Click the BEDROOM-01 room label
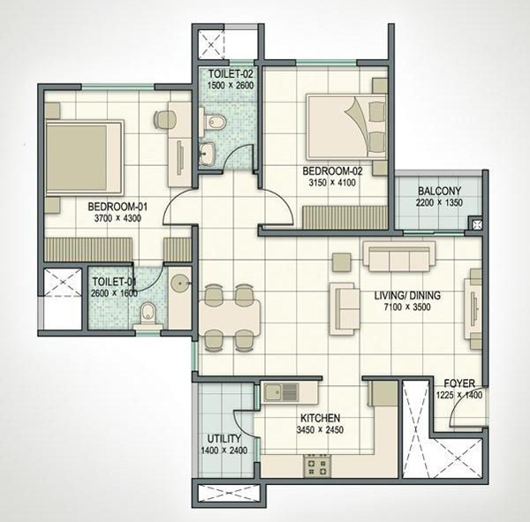[117, 206]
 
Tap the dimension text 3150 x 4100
[332, 183]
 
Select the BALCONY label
[439, 191]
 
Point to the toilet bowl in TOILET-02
[213, 122]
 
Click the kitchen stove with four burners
[317, 465]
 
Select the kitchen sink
[281, 392]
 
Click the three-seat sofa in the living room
[399, 256]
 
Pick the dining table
[229, 317]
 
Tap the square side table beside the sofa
[341, 262]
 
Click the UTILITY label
[224, 439]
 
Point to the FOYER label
[459, 383]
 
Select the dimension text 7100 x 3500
[407, 307]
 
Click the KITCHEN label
[320, 418]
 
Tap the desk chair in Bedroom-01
[164, 120]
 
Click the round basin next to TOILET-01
[180, 284]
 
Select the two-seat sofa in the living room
[344, 309]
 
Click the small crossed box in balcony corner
[477, 224]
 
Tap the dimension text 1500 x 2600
[231, 85]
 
